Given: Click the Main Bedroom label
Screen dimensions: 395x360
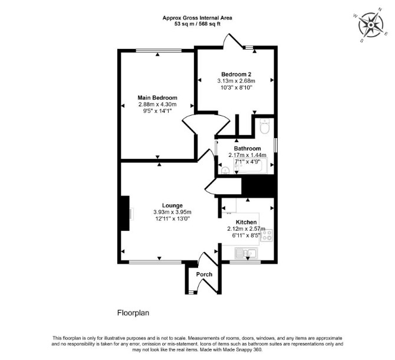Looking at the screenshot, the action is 157,98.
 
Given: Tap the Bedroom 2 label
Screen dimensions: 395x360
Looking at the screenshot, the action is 236,74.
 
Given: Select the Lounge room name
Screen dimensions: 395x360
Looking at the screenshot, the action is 172,205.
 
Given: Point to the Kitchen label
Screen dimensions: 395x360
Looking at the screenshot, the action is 246,222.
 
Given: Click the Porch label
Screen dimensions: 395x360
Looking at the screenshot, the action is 205,274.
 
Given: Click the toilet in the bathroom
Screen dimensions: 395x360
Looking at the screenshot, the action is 265,127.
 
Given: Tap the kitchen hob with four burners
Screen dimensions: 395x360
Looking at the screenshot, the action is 266,235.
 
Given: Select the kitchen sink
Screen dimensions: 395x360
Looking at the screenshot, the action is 246,253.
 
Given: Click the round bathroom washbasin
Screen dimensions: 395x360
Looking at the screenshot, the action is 225,171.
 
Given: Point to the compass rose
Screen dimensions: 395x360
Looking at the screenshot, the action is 371,25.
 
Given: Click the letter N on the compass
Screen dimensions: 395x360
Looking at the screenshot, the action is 380,9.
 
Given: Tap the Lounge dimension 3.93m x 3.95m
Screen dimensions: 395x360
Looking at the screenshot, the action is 172,212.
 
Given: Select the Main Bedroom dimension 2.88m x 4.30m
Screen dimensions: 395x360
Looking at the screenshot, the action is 157,104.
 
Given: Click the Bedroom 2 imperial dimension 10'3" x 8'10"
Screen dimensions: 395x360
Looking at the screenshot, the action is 236,88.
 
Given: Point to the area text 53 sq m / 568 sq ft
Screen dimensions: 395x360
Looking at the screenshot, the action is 197,24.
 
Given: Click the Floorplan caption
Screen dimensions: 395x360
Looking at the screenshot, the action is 133,313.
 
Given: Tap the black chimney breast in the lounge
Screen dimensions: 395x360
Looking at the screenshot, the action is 125,213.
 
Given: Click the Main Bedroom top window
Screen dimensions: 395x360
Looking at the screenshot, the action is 159,50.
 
